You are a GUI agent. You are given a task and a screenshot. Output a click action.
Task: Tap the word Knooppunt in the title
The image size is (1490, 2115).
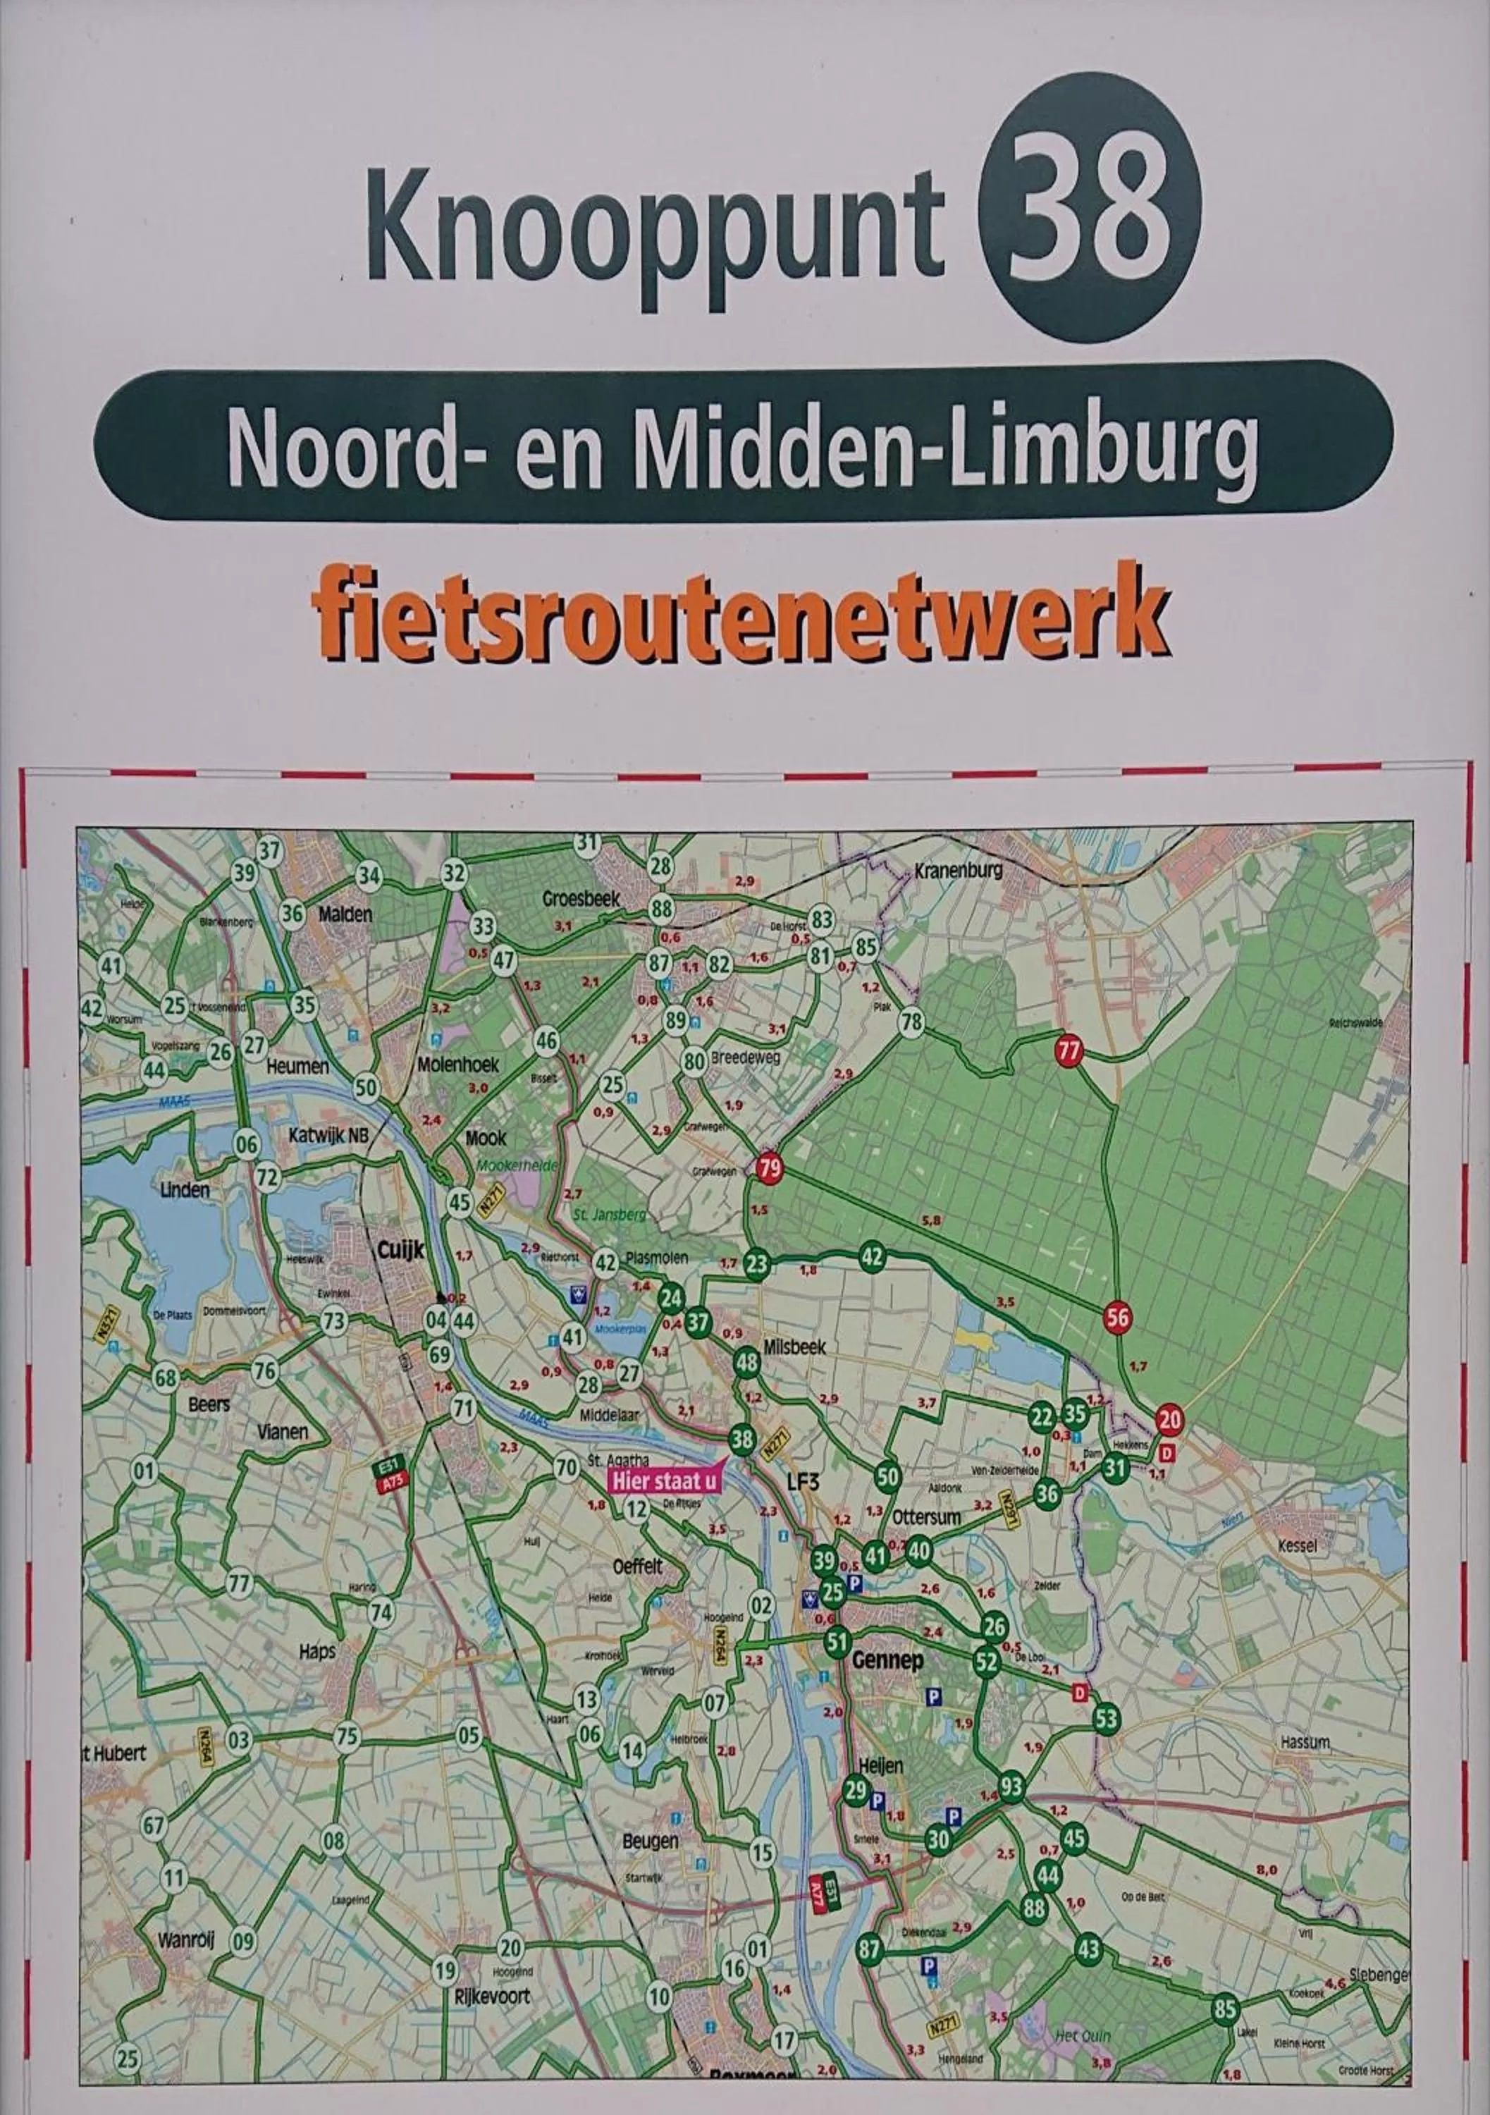(x=655, y=228)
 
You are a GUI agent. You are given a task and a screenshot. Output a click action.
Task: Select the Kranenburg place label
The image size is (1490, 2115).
(x=958, y=869)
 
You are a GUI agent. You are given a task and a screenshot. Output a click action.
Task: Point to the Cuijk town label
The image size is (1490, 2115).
(x=400, y=1250)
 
